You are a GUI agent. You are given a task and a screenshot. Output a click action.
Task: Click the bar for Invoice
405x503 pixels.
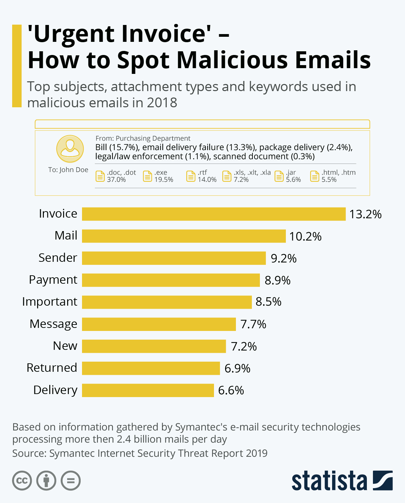click(214, 214)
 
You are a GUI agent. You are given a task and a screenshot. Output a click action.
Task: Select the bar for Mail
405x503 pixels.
click(184, 236)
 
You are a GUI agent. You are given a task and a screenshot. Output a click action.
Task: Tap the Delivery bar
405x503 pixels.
click(148, 390)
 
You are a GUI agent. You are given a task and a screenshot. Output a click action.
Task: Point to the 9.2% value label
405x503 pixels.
click(283, 258)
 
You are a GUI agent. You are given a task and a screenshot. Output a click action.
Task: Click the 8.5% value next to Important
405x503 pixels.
click(268, 302)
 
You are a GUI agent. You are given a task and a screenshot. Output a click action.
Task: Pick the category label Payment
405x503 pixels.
click(53, 280)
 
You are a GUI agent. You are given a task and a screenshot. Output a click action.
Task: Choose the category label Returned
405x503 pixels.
click(52, 368)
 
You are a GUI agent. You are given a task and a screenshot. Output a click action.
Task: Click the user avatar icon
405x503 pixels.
click(70, 149)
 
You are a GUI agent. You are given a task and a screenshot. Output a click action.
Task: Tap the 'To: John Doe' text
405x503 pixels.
click(68, 170)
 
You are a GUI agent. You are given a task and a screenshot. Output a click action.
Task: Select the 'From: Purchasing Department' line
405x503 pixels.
click(143, 138)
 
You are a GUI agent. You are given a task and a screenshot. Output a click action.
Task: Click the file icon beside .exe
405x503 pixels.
click(147, 176)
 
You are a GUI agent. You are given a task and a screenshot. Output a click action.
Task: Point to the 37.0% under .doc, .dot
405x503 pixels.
click(116, 180)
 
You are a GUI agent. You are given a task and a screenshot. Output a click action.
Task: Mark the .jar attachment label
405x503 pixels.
click(291, 172)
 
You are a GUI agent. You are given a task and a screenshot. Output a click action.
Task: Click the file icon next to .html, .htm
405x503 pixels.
click(315, 176)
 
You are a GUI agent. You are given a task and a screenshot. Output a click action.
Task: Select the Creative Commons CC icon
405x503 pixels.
click(22, 480)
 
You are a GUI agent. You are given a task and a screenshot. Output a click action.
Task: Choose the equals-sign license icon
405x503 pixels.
click(71, 480)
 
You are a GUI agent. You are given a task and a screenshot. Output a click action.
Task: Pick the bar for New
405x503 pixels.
click(154, 346)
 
